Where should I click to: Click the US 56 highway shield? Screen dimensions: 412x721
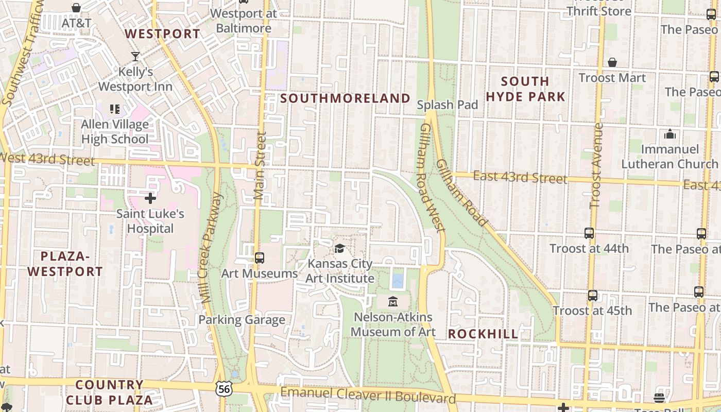(x=224, y=389)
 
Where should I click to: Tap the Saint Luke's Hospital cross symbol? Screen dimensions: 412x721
(x=150, y=198)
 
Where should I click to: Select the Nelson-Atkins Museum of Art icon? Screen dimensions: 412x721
(x=393, y=301)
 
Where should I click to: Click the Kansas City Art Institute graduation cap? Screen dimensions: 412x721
(x=340, y=248)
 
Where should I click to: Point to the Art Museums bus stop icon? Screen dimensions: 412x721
(x=260, y=258)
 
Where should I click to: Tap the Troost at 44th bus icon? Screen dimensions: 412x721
(x=589, y=233)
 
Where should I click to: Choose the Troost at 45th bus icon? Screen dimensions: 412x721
(x=593, y=296)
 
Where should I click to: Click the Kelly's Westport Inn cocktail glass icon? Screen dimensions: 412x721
(x=135, y=56)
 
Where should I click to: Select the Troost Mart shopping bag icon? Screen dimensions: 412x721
(x=612, y=62)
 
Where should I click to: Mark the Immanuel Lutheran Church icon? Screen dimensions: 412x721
(x=669, y=134)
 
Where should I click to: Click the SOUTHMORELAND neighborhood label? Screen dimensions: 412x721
(x=346, y=98)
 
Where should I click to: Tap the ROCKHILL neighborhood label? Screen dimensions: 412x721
(x=483, y=334)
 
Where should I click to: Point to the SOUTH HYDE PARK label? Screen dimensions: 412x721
(x=525, y=89)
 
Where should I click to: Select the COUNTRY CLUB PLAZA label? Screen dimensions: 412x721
(x=109, y=392)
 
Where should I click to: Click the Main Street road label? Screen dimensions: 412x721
(x=261, y=166)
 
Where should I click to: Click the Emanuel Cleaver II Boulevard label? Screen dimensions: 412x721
(x=368, y=396)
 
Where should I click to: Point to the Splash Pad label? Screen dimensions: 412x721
(x=448, y=105)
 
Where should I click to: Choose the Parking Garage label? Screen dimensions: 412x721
(x=242, y=320)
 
